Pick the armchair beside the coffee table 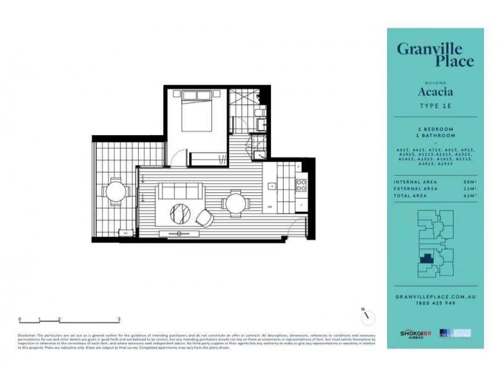tap(205, 217)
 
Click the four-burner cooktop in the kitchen tap(301, 185)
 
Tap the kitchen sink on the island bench tap(272, 185)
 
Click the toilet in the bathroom tap(259, 114)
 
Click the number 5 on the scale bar tap(119, 319)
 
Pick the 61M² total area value tap(466, 196)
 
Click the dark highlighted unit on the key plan tap(427, 258)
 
